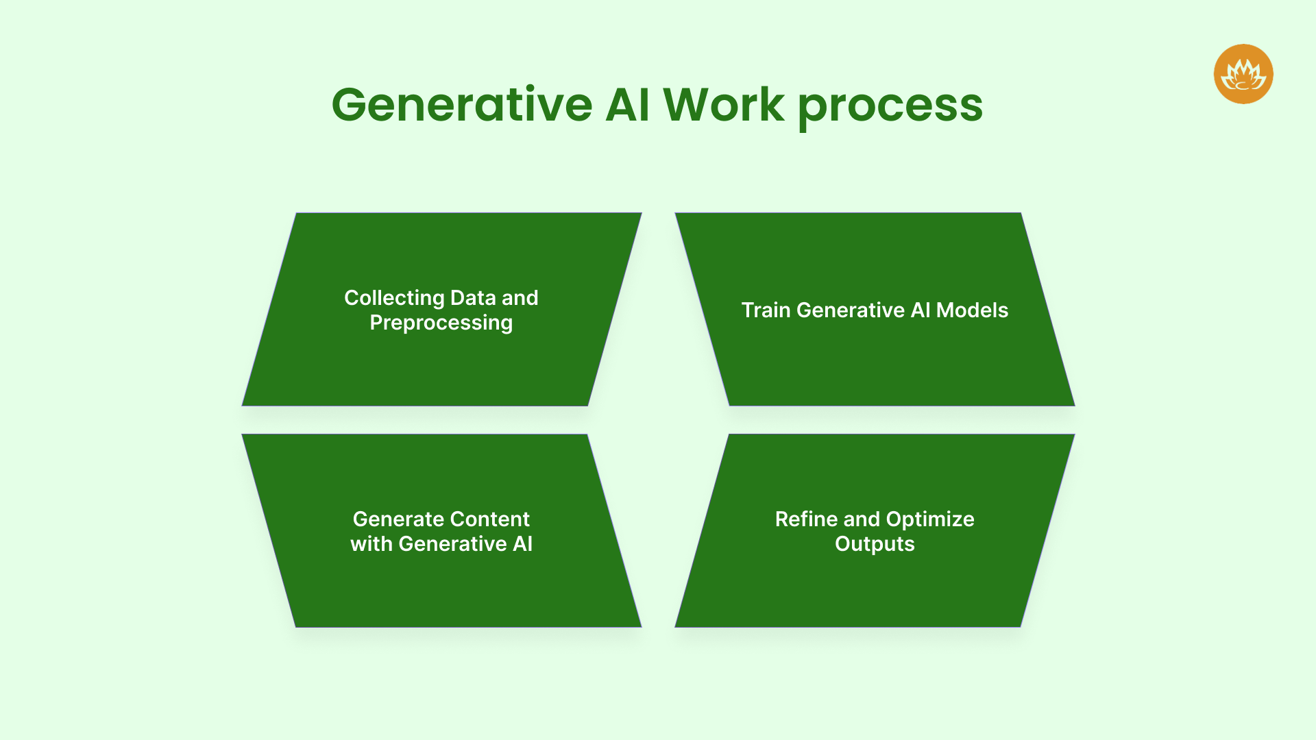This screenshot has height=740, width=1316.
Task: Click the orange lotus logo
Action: [1243, 74]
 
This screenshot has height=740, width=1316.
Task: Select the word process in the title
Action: [890, 107]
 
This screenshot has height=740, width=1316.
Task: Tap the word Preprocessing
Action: [441, 323]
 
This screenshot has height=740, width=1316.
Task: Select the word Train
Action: [766, 310]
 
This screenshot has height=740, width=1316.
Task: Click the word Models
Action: [972, 310]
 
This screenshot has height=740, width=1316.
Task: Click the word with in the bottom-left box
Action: [371, 544]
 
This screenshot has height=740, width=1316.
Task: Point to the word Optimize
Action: [929, 519]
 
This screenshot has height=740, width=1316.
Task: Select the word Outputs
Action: [875, 544]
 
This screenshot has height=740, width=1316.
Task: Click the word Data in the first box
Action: [473, 298]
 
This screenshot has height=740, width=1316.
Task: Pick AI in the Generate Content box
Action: [522, 544]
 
